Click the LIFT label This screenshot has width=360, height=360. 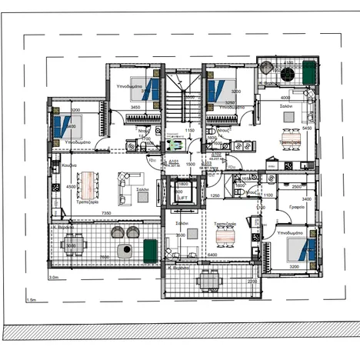(x=183, y=198)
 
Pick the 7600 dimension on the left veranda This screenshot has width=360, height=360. (x=103, y=258)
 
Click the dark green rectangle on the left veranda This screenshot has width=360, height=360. (x=149, y=248)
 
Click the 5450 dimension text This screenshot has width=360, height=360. (x=306, y=128)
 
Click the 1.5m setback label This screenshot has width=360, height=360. (x=31, y=300)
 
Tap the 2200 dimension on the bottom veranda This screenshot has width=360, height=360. (x=252, y=282)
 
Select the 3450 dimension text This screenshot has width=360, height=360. (x=135, y=108)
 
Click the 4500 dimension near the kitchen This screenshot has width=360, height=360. (x=70, y=187)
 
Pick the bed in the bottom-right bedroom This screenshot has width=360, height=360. (x=301, y=249)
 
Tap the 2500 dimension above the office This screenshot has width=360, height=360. (x=296, y=187)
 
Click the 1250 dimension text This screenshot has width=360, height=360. (x=215, y=196)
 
